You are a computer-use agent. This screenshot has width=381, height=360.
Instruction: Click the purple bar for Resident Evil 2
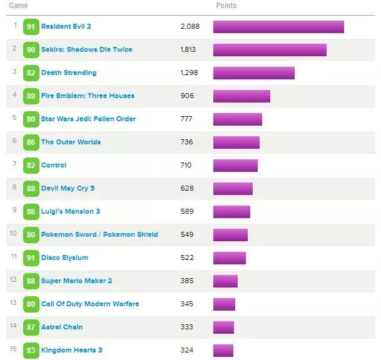click(x=278, y=27)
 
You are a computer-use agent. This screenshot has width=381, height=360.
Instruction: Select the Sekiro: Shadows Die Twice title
click(x=86, y=50)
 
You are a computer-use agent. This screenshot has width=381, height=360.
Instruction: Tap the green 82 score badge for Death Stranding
click(x=31, y=73)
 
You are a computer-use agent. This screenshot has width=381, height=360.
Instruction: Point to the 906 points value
click(x=187, y=96)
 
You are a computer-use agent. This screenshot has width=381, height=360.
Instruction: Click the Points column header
click(x=226, y=6)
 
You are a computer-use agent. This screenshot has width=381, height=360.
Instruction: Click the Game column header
click(x=18, y=6)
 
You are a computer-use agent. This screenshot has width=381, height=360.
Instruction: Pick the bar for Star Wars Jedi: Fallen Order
click(x=237, y=119)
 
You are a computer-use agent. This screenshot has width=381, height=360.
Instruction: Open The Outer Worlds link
click(x=71, y=142)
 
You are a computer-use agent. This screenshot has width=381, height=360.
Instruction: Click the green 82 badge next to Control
click(x=31, y=166)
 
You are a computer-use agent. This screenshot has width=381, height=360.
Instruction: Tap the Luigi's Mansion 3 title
click(x=70, y=212)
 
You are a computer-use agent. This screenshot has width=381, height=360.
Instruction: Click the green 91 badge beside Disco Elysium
click(x=31, y=258)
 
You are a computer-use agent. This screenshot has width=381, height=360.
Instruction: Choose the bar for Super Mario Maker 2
click(x=225, y=281)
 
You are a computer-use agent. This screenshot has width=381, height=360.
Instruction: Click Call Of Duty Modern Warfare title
click(x=90, y=304)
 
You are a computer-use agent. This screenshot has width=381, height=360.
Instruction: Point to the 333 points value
click(x=186, y=327)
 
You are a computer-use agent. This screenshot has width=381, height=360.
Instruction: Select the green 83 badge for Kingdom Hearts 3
click(x=31, y=351)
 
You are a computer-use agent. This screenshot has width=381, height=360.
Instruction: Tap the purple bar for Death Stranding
click(x=253, y=73)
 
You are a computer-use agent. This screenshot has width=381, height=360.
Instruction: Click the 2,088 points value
click(x=189, y=27)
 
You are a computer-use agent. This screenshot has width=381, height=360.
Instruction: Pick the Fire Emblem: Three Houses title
click(x=88, y=96)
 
